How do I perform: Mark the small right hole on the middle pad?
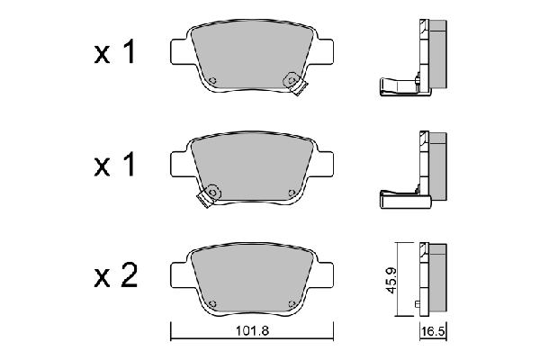(291, 192)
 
